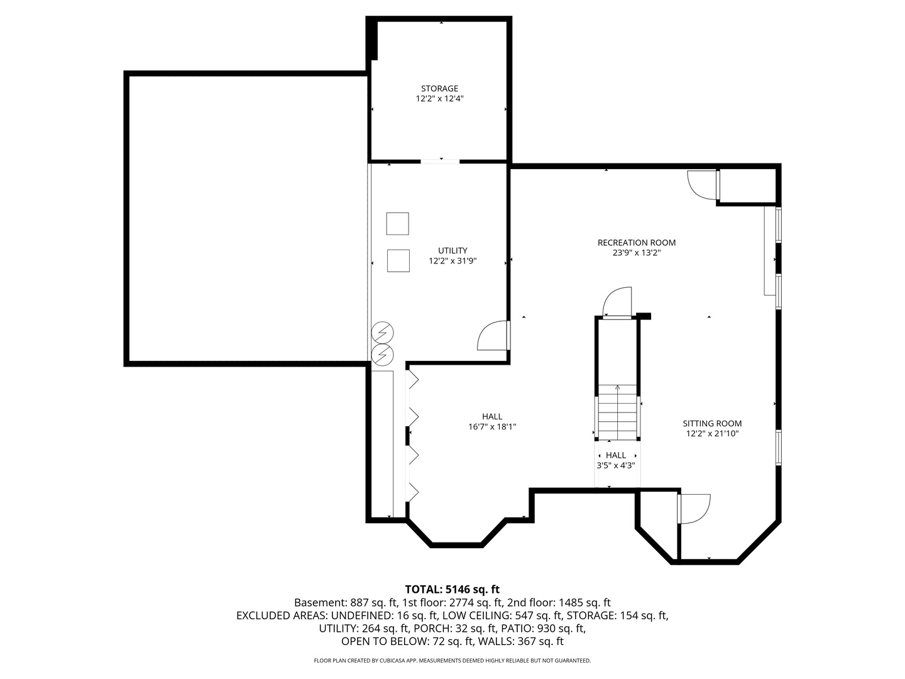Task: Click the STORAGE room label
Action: coord(439,89)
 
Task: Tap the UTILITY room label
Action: coord(452,251)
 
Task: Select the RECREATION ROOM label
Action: coord(636,243)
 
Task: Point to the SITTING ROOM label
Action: coord(712,424)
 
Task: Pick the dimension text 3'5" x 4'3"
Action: coord(616,466)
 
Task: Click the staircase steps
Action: coord(618,412)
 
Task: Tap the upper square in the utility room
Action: coord(397,224)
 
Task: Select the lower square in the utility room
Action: coord(398,261)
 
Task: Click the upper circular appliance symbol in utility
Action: coord(382,332)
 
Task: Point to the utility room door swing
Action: coord(493,336)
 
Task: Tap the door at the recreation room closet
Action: coord(703,185)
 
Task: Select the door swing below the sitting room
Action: coord(694,509)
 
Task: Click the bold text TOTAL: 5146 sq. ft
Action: coord(452,589)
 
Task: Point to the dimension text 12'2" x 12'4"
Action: coord(439,99)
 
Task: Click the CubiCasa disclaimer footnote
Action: coord(452,661)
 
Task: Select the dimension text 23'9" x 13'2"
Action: coord(636,253)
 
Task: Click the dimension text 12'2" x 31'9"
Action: coord(452,261)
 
